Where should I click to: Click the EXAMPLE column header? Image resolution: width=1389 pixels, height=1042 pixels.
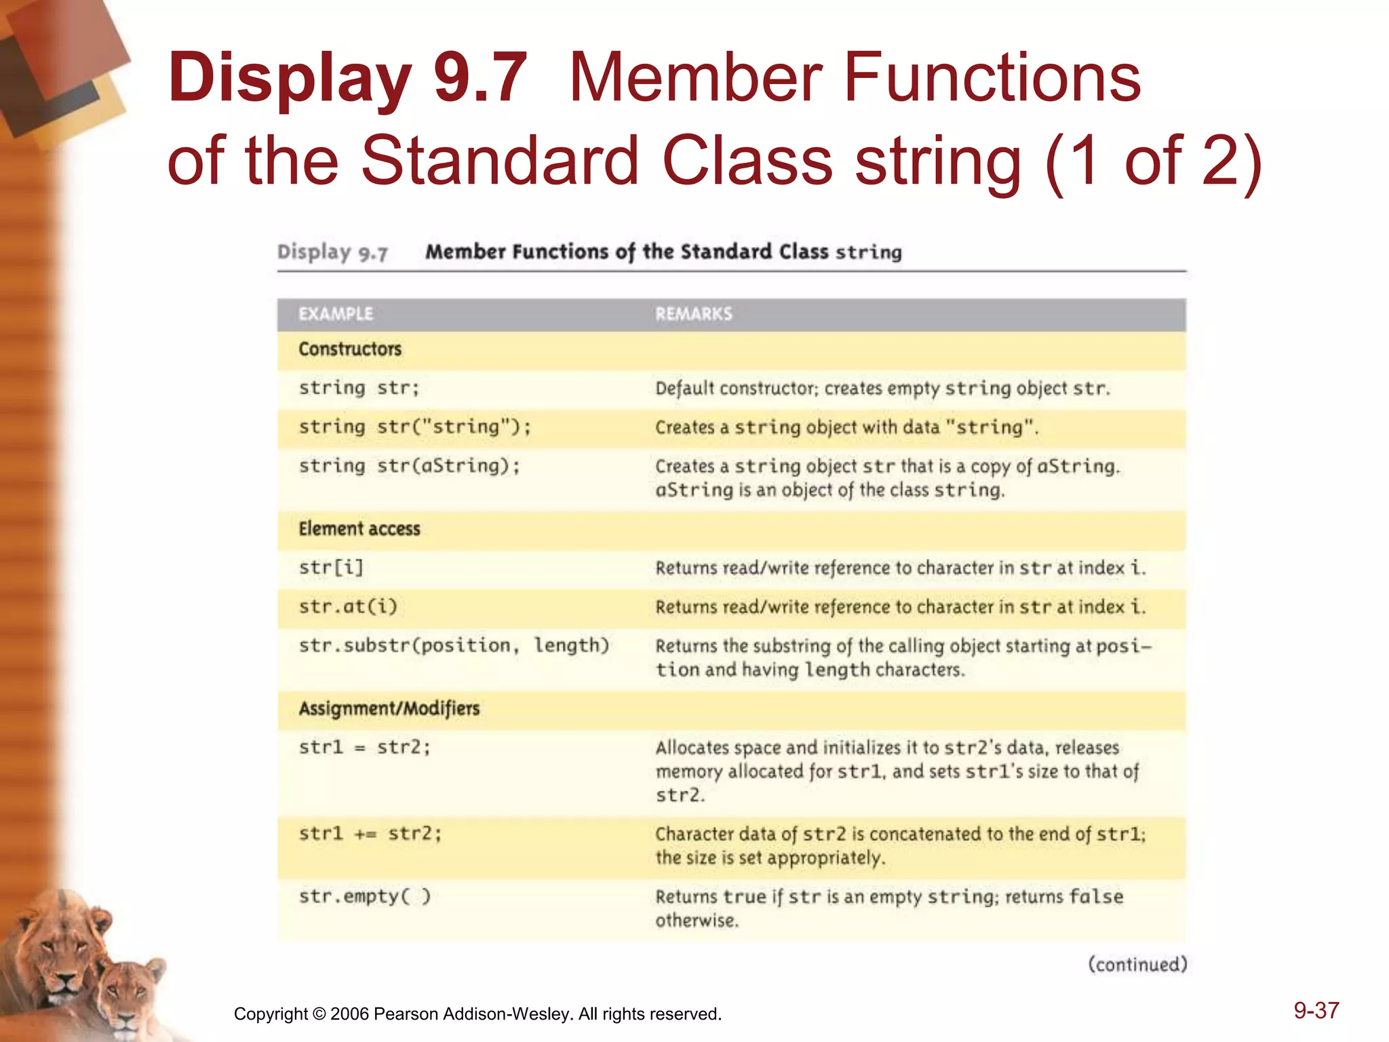(x=336, y=314)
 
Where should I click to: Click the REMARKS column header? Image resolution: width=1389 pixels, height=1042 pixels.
(x=693, y=314)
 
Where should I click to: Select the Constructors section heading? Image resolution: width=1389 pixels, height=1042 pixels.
(x=350, y=349)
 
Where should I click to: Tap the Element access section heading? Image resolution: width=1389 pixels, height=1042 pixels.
(x=359, y=529)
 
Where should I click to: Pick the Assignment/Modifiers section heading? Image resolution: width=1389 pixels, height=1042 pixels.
(x=389, y=709)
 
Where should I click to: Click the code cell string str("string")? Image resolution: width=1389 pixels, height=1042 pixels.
(x=415, y=427)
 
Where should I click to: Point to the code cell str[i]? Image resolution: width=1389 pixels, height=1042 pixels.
(x=332, y=567)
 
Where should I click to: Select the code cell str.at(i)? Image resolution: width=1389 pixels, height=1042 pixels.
(x=348, y=606)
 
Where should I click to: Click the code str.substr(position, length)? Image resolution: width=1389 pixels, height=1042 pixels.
(x=454, y=645)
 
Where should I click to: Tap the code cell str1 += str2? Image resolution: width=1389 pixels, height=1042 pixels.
(x=370, y=833)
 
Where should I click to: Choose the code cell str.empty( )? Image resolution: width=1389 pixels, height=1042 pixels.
(x=365, y=896)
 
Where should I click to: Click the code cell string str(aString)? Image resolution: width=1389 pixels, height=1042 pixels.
(x=410, y=466)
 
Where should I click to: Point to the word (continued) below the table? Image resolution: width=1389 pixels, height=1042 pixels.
(x=1137, y=965)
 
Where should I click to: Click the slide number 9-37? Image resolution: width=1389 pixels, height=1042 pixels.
(x=1316, y=1011)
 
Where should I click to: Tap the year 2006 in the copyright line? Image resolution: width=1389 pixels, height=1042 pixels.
(x=349, y=1014)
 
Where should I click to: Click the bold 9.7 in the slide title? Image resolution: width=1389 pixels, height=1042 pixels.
(x=480, y=78)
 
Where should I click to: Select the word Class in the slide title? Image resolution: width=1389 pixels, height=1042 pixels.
(x=747, y=161)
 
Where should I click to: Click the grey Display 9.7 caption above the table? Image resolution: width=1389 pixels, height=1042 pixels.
(x=332, y=252)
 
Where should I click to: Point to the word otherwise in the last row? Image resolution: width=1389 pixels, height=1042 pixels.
(x=697, y=921)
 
